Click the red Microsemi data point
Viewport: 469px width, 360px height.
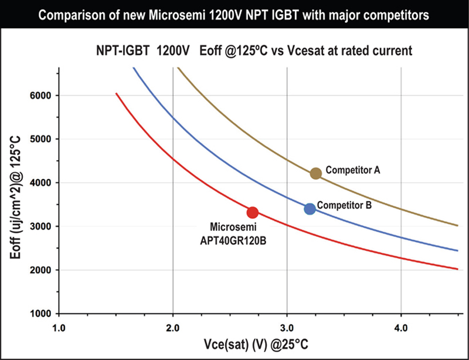coord(253,212)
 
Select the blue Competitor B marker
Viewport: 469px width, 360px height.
coord(310,209)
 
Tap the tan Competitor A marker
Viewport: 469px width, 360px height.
coord(315,173)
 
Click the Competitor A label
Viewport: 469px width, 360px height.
coord(353,171)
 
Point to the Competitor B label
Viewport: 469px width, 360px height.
coord(344,206)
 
